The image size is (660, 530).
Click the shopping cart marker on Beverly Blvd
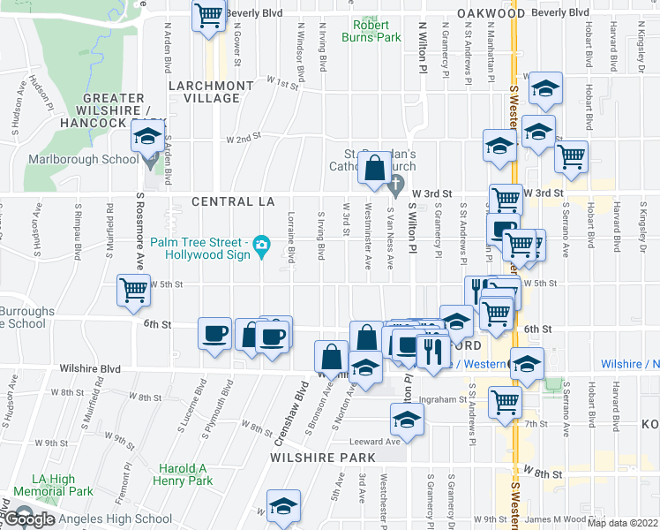click(208, 15)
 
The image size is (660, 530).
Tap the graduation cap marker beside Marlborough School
click(147, 137)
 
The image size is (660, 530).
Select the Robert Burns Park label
click(378, 32)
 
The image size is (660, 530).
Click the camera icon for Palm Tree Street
click(261, 244)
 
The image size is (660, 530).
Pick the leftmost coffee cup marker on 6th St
click(214, 334)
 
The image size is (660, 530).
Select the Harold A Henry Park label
click(186, 474)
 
